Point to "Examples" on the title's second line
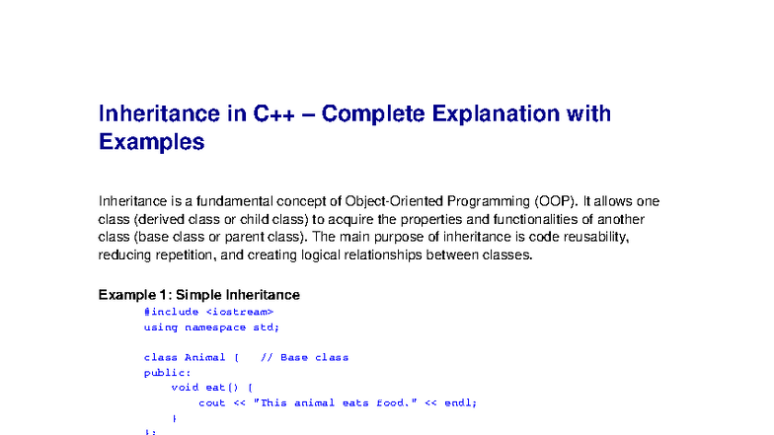click(x=151, y=142)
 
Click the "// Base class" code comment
click(x=304, y=357)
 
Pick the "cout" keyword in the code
click(x=211, y=402)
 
